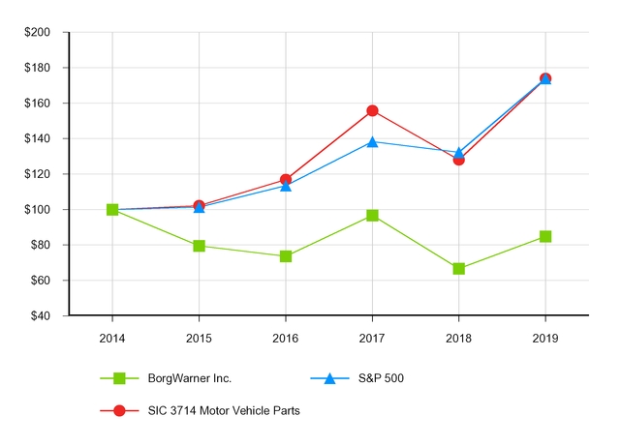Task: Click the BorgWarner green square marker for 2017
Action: pyautogui.click(x=372, y=216)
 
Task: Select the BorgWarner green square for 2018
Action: pyautogui.click(x=459, y=268)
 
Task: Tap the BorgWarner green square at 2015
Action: pyautogui.click(x=199, y=246)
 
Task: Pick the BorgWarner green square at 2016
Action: pyautogui.click(x=286, y=256)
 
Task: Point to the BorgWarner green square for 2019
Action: pyautogui.click(x=545, y=236)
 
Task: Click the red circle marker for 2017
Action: pyautogui.click(x=372, y=111)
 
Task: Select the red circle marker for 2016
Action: pyautogui.click(x=286, y=180)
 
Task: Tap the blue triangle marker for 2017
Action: pyautogui.click(x=372, y=141)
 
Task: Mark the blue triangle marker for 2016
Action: pyautogui.click(x=286, y=186)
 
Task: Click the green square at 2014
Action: pyautogui.click(x=112, y=210)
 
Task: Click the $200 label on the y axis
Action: pyautogui.click(x=38, y=32)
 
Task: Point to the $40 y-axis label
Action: pyautogui.click(x=41, y=316)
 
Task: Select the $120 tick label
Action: pyautogui.click(x=38, y=174)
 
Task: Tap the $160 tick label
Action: pyautogui.click(x=38, y=104)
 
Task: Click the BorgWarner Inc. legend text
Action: pyautogui.click(x=191, y=378)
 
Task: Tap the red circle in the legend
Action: pyautogui.click(x=120, y=410)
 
